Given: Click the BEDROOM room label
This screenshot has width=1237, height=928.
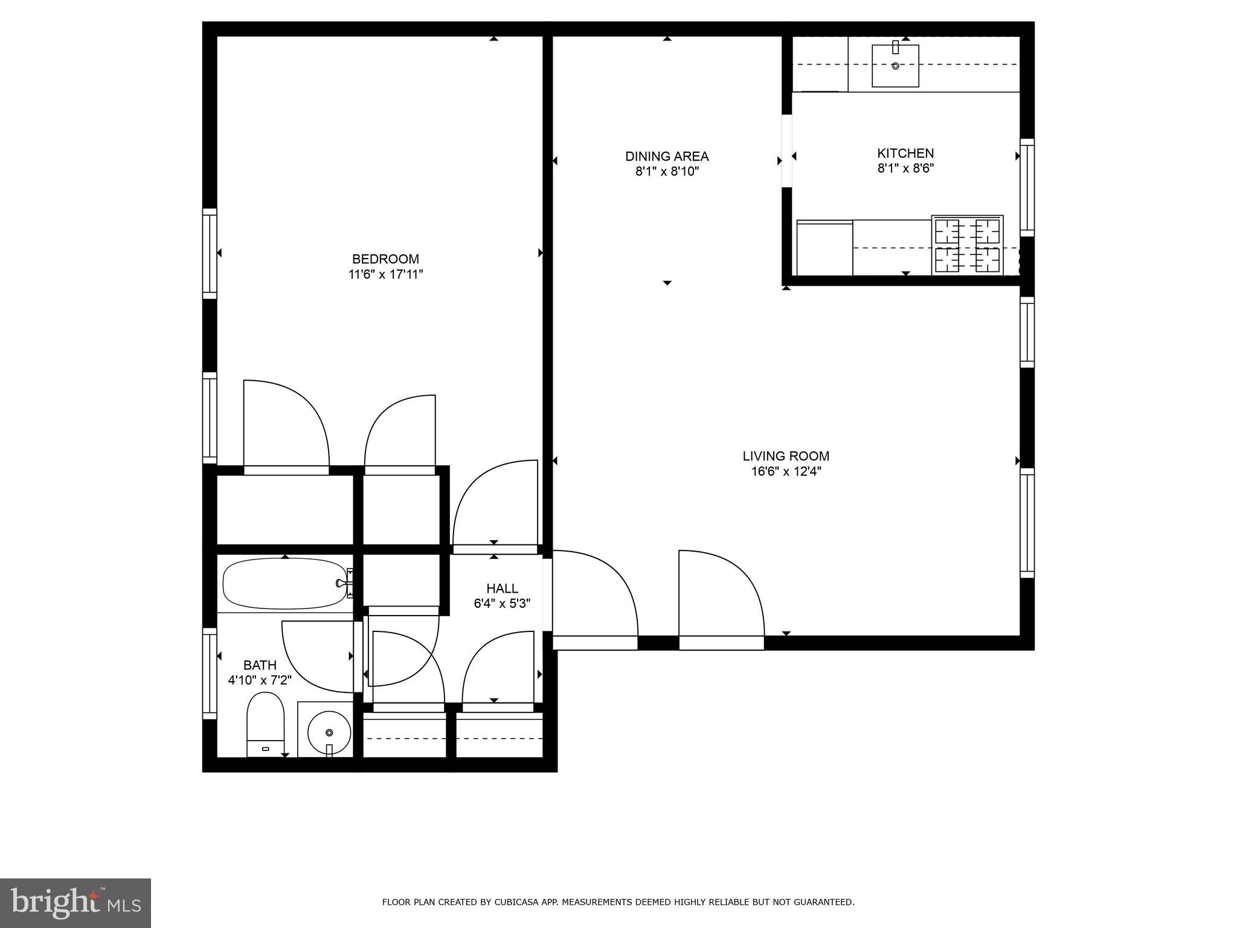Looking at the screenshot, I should [x=385, y=259].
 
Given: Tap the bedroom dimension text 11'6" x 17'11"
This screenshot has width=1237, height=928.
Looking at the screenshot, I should [x=385, y=274].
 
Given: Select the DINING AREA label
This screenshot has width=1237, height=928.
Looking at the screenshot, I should [x=667, y=156].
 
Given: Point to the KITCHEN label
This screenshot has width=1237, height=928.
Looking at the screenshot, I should [x=905, y=153].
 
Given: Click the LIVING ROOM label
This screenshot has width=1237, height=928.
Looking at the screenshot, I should [x=786, y=456].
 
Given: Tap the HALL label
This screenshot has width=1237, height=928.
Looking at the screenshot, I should [x=502, y=588].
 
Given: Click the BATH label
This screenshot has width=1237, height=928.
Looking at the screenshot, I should [x=260, y=665].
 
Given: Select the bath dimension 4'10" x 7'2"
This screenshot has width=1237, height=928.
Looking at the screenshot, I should [x=260, y=680].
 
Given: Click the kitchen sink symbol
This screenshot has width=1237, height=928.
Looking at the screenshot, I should [x=895, y=66].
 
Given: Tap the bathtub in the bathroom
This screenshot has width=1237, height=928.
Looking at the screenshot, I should [x=284, y=584].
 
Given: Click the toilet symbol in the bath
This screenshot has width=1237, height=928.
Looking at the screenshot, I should [x=265, y=724].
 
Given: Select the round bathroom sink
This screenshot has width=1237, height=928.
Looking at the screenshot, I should [x=329, y=732].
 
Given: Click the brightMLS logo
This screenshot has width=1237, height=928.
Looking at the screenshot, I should [x=75, y=903].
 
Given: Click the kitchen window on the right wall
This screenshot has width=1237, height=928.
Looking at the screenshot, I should [x=1027, y=187].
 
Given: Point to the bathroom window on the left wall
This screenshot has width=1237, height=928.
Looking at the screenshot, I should [x=209, y=673].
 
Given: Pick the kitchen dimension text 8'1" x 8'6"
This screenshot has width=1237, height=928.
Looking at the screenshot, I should [x=905, y=169].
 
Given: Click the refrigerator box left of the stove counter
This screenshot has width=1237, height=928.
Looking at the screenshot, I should [x=824, y=248].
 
